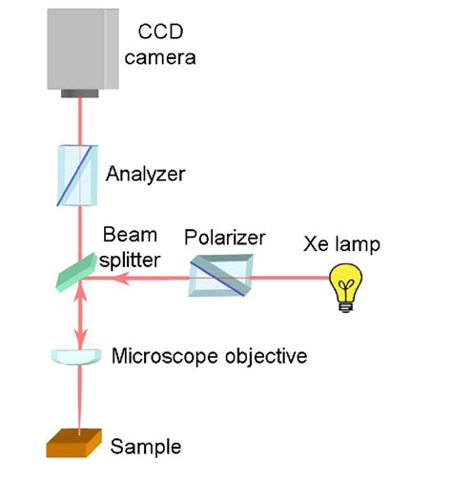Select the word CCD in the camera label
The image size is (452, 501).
point(161,34)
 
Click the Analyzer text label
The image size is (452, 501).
point(145,175)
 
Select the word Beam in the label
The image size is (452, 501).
point(123,234)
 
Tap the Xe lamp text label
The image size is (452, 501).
point(341,244)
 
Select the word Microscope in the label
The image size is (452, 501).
point(158,357)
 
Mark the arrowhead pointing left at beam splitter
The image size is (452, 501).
point(101,280)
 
